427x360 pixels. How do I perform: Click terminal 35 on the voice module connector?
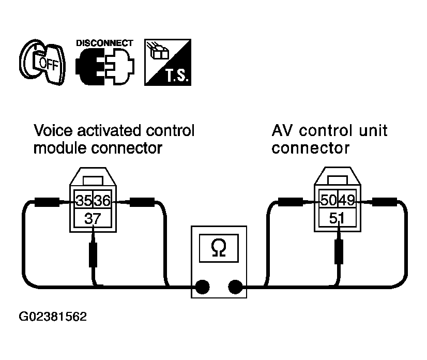point(84,200)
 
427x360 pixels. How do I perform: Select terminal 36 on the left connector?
point(102,200)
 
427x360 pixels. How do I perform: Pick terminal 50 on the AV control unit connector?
point(328,200)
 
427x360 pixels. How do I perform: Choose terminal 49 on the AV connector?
point(347,200)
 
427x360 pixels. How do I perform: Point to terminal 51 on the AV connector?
point(338,218)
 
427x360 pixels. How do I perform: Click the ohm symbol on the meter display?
point(219,247)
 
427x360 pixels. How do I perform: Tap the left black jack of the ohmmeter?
point(202,287)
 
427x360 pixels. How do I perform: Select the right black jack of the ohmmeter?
point(235,287)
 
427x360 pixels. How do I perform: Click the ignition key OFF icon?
point(42,62)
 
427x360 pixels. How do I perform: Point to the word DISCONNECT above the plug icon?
point(104,43)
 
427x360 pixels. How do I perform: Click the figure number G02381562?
point(53,317)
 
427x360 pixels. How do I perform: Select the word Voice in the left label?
point(53,130)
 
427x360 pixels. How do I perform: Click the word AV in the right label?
point(282,130)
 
